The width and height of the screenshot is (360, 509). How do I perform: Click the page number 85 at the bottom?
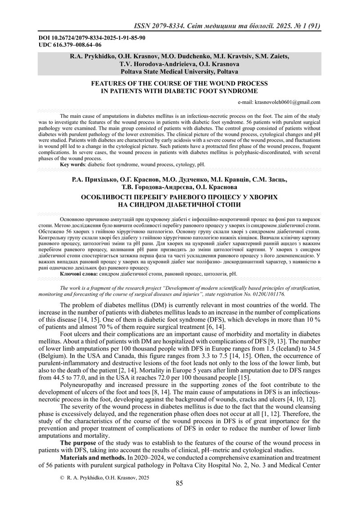179,484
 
